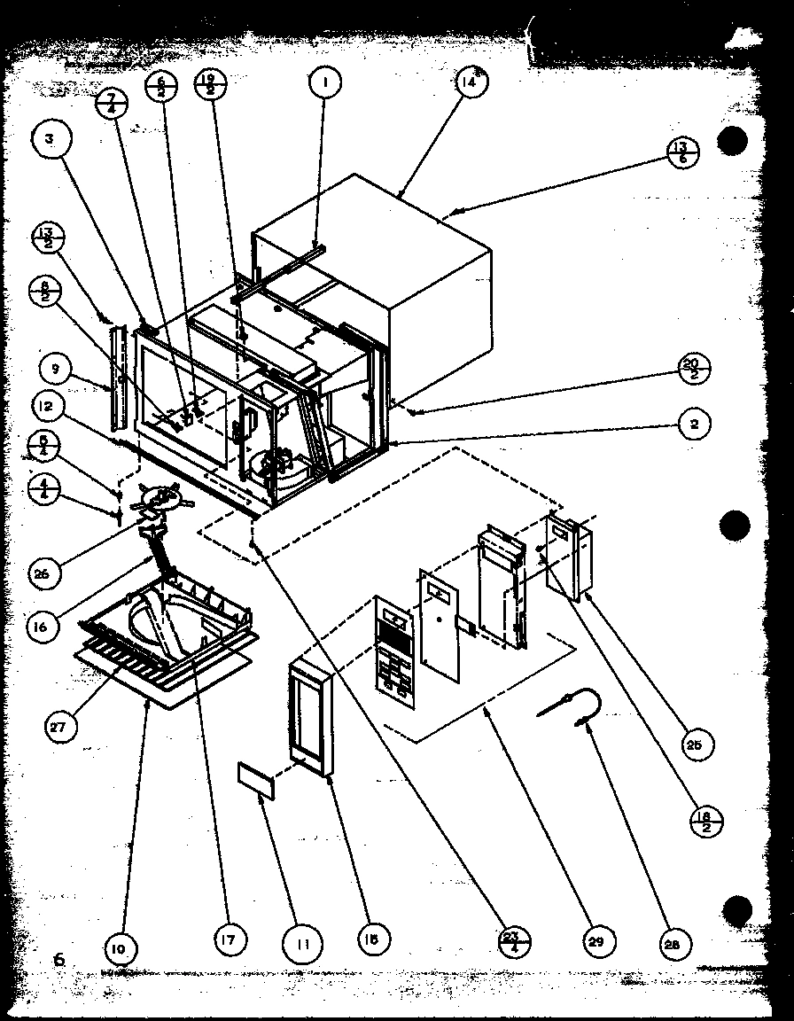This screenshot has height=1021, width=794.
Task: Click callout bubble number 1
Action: pyautogui.click(x=325, y=83)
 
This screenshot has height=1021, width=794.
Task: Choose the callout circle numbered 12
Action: pyautogui.click(x=51, y=408)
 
